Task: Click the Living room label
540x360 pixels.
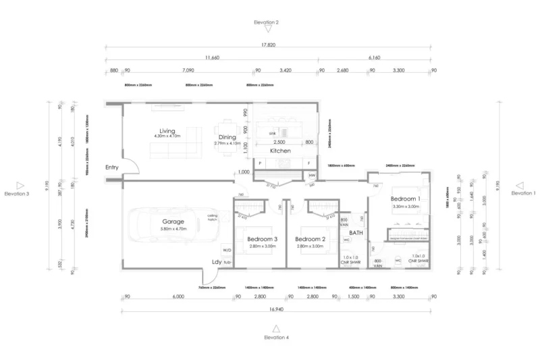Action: [167, 131]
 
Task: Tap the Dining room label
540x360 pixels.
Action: [227, 138]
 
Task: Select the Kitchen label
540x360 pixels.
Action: [280, 151]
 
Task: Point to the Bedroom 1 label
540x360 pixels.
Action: [405, 199]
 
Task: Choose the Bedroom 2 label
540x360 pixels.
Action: [311, 240]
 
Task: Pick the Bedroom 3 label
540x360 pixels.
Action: [262, 240]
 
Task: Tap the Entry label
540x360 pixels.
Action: [113, 167]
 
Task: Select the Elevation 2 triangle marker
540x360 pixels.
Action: [269, 29]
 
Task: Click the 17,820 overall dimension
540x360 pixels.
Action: [268, 45]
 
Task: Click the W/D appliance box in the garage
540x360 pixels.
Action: [226, 251]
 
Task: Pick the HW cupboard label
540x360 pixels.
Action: [311, 176]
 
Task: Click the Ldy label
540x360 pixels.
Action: [217, 263]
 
